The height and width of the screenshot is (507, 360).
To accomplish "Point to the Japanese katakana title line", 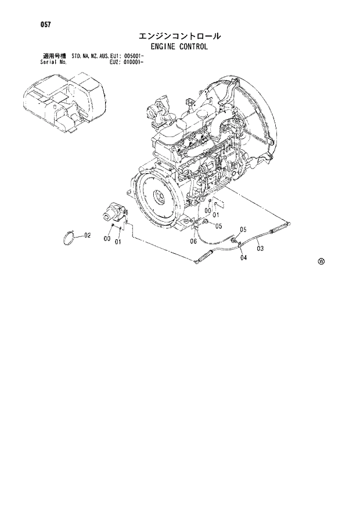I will click(x=181, y=36).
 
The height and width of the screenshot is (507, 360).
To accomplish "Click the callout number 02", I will click(x=88, y=235).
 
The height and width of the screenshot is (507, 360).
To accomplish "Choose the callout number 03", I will click(x=260, y=249).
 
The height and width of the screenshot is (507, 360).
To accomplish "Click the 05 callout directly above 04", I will click(x=243, y=229).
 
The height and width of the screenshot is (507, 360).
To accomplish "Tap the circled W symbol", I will click(x=321, y=261).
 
